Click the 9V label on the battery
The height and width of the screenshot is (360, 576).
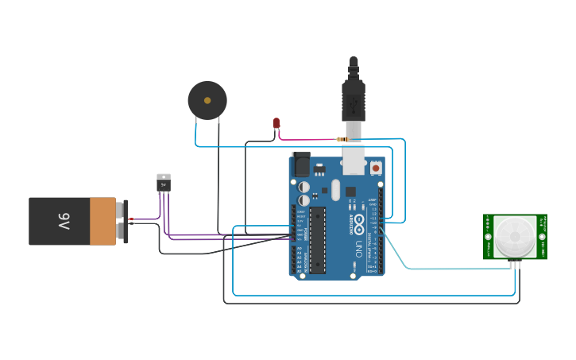[64, 222]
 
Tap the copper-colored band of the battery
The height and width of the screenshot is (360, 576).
[102, 222]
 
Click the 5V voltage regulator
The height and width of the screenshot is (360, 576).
[163, 183]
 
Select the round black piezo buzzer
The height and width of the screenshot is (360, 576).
[207, 101]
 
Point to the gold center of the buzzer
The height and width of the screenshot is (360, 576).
[207, 101]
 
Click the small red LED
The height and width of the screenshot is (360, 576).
[276, 123]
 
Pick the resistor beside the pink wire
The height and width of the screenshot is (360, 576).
[342, 140]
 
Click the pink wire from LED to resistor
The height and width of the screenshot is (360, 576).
[306, 139]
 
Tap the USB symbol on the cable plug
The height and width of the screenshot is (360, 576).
[354, 103]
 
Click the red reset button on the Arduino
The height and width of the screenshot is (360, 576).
[375, 167]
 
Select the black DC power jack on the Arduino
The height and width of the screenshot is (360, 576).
[301, 165]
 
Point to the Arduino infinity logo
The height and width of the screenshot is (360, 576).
[359, 221]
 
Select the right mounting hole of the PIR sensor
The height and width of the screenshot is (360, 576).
[542, 236]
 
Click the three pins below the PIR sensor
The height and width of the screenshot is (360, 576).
[515, 264]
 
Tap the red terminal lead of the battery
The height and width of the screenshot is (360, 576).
[131, 219]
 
